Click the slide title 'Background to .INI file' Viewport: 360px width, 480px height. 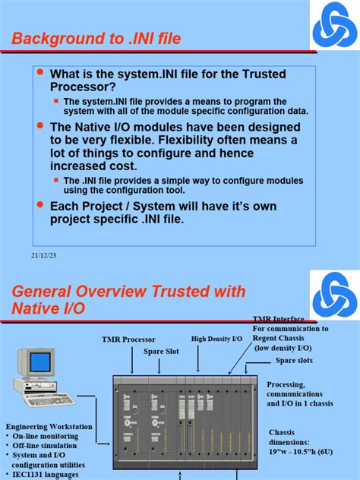pos(106,38)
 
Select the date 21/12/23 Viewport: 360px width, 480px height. pos(44,255)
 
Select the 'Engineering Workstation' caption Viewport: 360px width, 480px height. pos(45,427)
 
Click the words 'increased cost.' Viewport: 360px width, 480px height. pos(93,166)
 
